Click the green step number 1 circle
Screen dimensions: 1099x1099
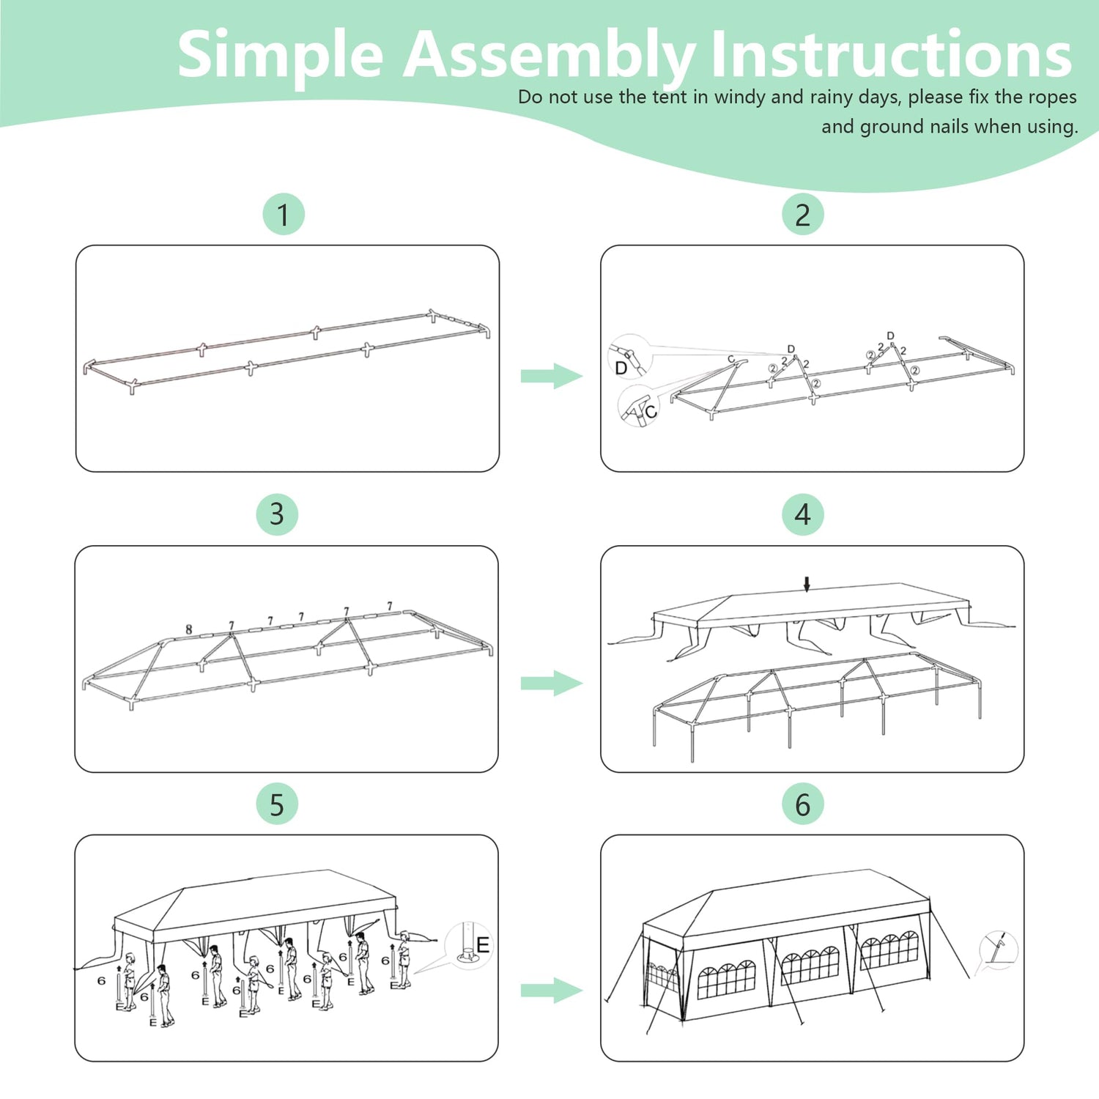point(284,215)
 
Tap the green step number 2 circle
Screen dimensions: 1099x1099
point(803,215)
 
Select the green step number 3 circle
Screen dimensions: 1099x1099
point(277,514)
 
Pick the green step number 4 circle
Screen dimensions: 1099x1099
point(803,514)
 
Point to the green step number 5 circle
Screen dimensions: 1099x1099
point(277,804)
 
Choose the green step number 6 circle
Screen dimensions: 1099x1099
point(803,804)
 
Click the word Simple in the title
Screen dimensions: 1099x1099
point(281,56)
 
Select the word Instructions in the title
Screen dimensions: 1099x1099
point(892,54)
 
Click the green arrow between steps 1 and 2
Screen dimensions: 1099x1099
point(552,376)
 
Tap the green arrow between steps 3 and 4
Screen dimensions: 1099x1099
point(552,684)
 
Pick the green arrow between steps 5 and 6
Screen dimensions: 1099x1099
point(552,991)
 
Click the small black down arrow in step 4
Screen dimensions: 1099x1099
point(807,584)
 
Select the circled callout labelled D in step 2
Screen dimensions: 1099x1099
point(629,355)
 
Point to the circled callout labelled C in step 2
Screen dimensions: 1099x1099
point(639,405)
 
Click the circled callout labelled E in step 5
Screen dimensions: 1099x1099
point(469,945)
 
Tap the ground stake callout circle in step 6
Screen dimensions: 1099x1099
point(999,950)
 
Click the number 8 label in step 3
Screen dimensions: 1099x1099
point(189,629)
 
